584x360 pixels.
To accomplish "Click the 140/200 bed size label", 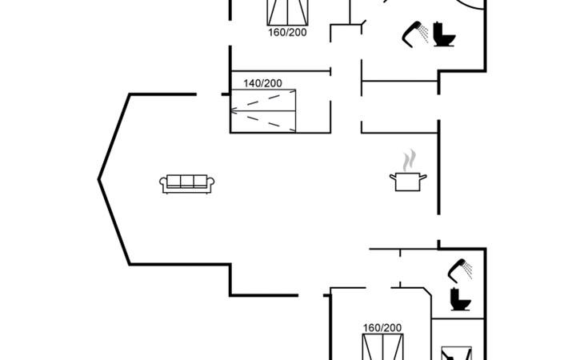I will pos(262,82).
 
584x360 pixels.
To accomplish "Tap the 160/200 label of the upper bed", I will pos(287,33).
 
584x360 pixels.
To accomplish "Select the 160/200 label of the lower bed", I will pos(383,327).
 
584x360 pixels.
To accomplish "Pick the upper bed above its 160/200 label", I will pos(287,13).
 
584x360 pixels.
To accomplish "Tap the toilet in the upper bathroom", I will pos(444,35).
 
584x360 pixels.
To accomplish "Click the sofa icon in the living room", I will pos(186,183).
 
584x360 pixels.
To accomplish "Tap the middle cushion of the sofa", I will pos(186,182).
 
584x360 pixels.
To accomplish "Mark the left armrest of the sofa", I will pos(163,184).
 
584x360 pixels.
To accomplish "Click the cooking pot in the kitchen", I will pos(408,181).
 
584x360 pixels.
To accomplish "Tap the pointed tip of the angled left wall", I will pos(99,179).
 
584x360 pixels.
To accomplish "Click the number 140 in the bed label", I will pos(254,82).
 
